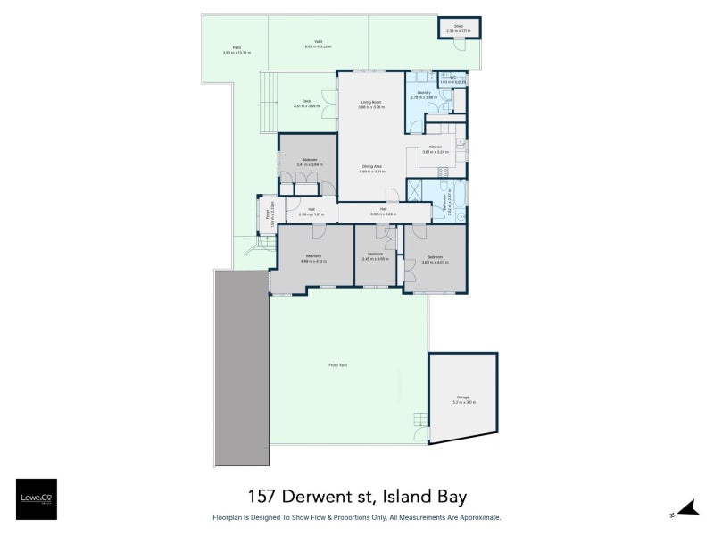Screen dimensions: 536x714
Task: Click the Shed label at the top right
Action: point(458,27)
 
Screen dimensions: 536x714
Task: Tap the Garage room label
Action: point(462,398)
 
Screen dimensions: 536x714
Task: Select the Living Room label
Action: point(371,103)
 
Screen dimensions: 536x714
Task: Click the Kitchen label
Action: point(436,147)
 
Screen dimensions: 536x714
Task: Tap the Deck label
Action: point(306,101)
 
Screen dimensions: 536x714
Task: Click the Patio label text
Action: point(237,48)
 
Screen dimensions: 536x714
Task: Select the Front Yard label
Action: point(337,365)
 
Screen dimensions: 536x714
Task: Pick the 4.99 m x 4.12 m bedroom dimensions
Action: point(315,261)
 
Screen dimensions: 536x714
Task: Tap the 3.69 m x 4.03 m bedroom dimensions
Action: point(435,262)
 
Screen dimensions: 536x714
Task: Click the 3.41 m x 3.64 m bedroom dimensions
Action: point(309,165)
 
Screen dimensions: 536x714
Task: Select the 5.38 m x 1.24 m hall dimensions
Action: point(382,214)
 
